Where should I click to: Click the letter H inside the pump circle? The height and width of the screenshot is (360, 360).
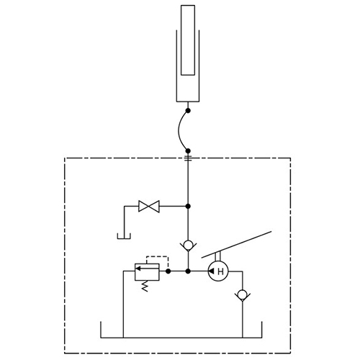point(220,271)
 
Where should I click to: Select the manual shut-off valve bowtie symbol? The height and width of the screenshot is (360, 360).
point(149,206)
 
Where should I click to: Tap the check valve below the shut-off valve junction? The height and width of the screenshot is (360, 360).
point(188,246)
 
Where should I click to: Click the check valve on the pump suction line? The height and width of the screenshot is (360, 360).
point(243,295)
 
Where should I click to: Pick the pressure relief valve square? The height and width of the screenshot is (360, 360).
point(147,271)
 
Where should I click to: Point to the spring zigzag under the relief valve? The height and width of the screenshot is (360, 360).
point(144,286)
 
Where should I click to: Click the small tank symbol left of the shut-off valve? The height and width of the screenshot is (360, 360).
point(124,236)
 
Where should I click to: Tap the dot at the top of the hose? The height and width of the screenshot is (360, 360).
point(188,111)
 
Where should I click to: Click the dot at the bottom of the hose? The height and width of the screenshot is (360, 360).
point(188,151)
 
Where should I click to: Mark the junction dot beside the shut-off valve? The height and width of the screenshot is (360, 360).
point(188,206)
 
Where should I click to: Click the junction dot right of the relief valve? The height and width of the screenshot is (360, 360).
point(168,271)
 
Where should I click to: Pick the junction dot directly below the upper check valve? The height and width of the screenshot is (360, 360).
point(188,271)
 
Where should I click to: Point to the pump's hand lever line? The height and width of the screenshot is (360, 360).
point(236,245)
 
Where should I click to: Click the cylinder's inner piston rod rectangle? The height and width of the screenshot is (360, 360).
point(188,40)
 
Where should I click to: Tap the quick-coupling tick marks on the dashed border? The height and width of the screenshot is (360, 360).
point(188,158)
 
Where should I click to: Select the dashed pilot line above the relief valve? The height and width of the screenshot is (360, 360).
point(157,261)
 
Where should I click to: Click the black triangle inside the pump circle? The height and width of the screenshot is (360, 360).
point(211,271)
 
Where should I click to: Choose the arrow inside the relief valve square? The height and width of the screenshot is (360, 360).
point(147,269)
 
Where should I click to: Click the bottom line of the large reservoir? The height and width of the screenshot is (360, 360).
point(181,338)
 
